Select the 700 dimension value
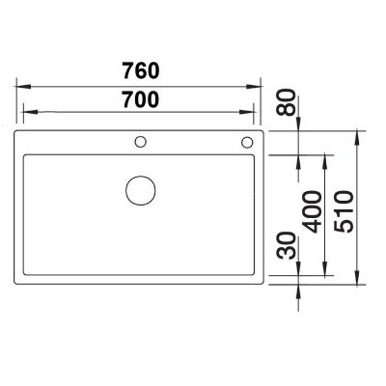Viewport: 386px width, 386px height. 140,97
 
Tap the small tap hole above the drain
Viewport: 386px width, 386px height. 141,143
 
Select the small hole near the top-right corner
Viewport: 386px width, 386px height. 247,143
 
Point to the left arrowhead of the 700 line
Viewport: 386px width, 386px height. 27,111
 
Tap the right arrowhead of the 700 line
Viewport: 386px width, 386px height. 256,111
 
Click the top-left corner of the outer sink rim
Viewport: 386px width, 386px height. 17,129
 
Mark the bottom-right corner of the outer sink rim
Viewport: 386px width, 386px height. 265,287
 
